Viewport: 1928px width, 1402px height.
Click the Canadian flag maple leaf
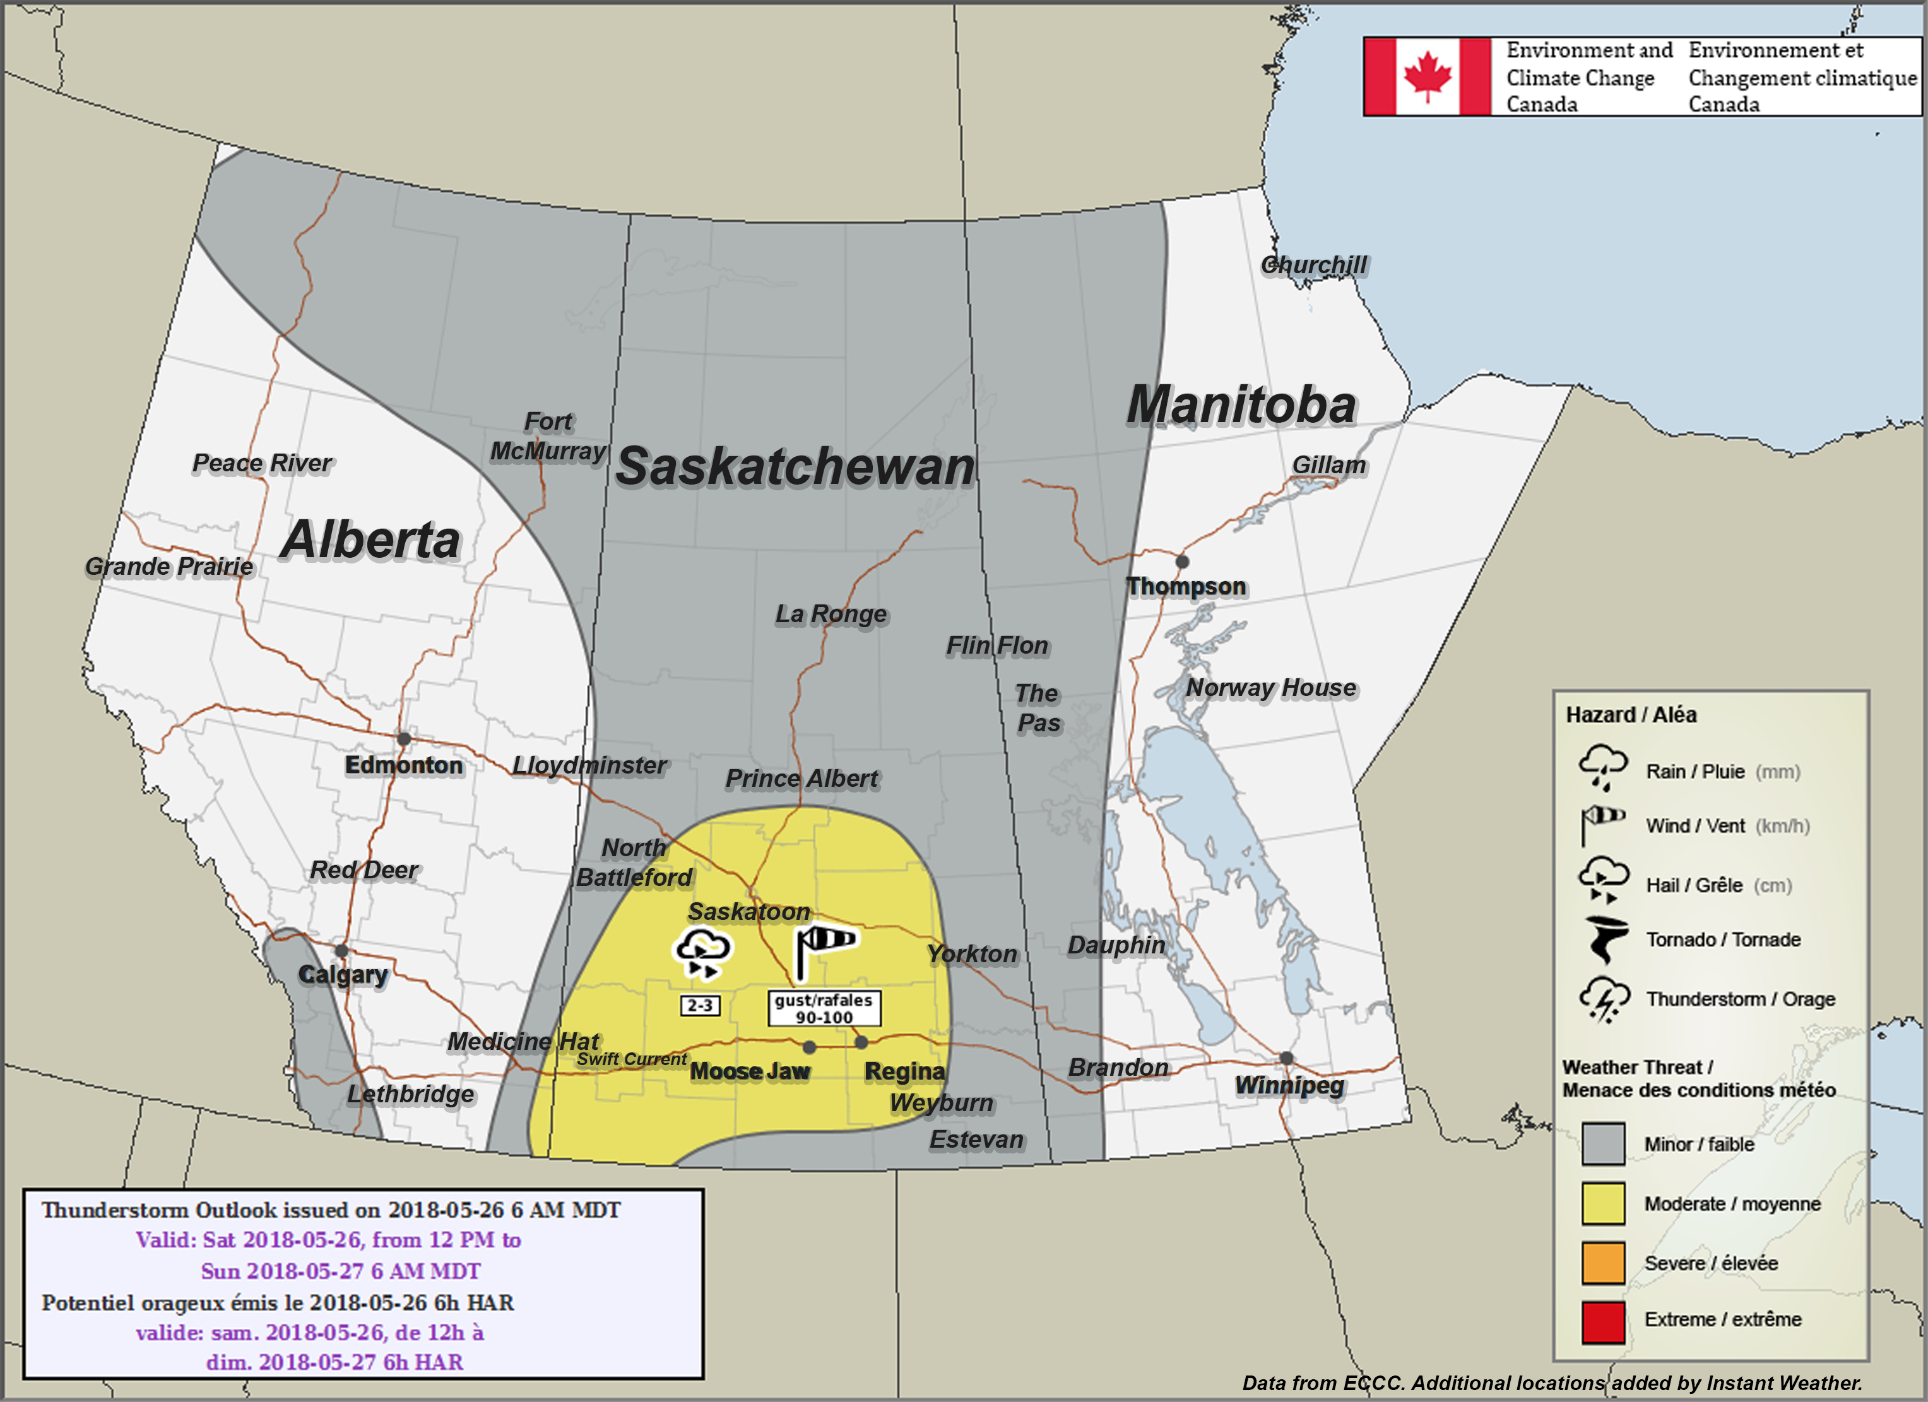pos(1428,76)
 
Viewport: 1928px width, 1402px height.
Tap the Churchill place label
pos(1313,265)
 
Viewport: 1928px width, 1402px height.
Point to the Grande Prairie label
pos(169,566)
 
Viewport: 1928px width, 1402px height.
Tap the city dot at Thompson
pos(1181,562)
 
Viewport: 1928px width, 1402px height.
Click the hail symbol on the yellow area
pos(701,953)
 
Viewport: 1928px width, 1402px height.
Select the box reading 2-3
pos(700,1006)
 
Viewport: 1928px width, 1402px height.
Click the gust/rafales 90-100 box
pos(824,1008)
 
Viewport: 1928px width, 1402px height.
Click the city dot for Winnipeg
pos(1286,1058)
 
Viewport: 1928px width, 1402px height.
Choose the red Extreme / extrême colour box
pos(1602,1322)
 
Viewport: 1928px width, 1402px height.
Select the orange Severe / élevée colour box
pos(1602,1263)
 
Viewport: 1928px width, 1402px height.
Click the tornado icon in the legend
pos(1604,939)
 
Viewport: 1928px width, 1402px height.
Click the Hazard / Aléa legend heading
pos(1631,715)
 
